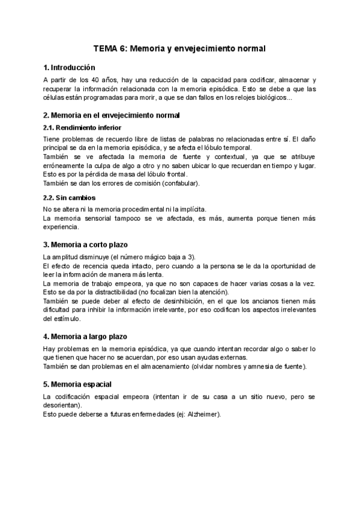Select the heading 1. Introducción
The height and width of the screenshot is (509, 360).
[x=69, y=67]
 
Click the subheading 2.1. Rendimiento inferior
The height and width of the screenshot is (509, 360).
[x=82, y=127]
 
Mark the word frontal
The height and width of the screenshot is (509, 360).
[x=175, y=174]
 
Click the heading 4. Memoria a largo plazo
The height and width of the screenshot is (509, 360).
[x=85, y=336]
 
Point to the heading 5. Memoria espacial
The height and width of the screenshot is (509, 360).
[x=77, y=384]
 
